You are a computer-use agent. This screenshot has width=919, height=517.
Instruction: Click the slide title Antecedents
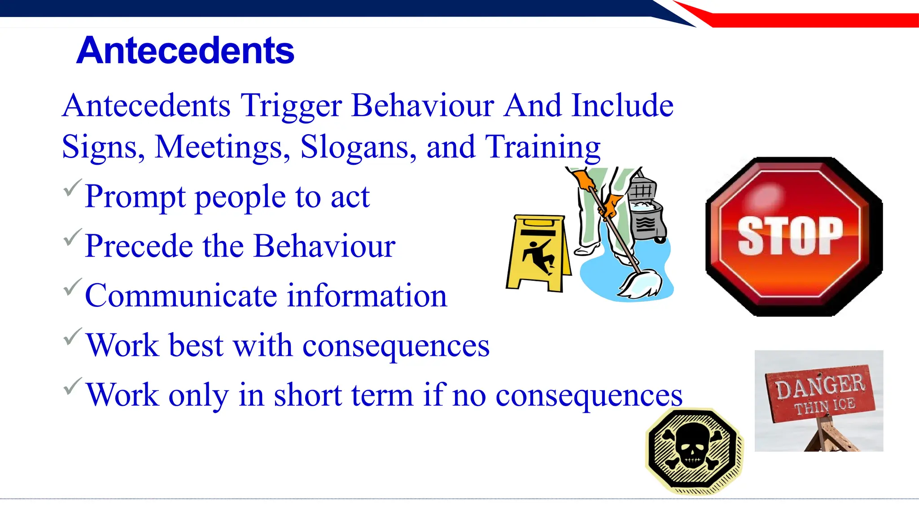click(x=185, y=51)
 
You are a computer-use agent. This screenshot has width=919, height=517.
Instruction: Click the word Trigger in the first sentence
click(x=291, y=106)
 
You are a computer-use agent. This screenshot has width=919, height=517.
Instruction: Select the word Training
click(x=543, y=147)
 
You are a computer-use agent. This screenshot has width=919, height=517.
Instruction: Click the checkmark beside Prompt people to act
click(x=72, y=188)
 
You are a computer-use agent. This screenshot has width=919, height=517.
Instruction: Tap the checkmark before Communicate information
click(x=72, y=287)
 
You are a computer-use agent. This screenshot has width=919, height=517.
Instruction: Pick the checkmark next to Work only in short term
click(x=72, y=386)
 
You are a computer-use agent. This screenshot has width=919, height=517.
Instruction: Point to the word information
click(x=367, y=296)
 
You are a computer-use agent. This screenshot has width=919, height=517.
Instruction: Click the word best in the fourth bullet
click(x=196, y=346)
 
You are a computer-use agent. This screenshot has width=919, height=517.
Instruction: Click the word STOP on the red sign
click(x=790, y=237)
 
